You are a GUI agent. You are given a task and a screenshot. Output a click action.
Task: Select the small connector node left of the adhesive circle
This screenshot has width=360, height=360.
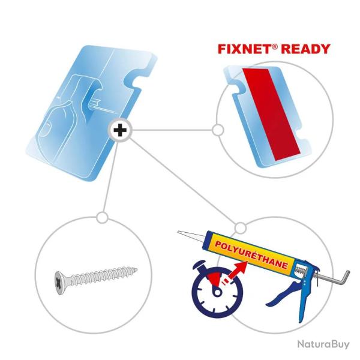click(217, 130)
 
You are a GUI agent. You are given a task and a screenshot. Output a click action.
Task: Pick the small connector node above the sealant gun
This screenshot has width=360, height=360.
click(241, 227)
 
